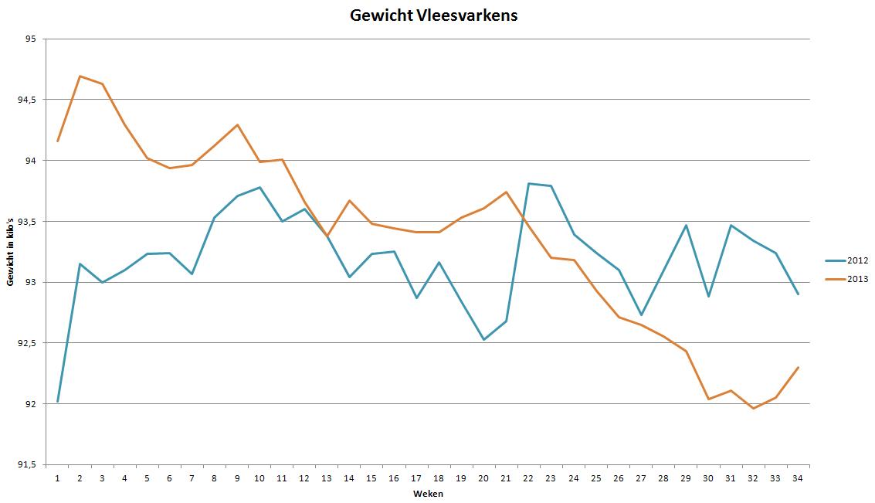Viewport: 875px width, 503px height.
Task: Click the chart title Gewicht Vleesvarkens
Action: pos(433,15)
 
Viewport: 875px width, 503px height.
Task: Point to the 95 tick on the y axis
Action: pos(32,39)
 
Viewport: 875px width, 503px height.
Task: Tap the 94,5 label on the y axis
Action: pos(29,100)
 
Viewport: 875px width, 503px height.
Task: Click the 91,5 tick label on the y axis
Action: pos(29,464)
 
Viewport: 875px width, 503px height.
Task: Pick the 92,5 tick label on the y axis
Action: pos(29,343)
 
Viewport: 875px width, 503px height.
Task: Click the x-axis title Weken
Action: pos(427,494)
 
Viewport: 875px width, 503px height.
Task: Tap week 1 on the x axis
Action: pos(57,478)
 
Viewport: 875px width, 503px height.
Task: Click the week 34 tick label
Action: pos(798,478)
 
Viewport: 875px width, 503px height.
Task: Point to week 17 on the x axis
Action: pos(416,478)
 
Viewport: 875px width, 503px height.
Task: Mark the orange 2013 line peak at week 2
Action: pos(80,76)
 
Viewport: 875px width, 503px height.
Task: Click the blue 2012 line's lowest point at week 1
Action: pos(58,401)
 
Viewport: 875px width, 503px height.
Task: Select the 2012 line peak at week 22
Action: pos(528,183)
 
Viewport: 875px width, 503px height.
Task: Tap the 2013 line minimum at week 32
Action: pos(753,408)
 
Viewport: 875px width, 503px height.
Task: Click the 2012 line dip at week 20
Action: pos(483,339)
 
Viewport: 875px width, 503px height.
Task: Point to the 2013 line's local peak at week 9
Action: pos(237,124)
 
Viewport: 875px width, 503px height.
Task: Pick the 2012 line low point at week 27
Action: pos(641,314)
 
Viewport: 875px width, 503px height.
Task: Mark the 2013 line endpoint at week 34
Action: pos(798,367)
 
